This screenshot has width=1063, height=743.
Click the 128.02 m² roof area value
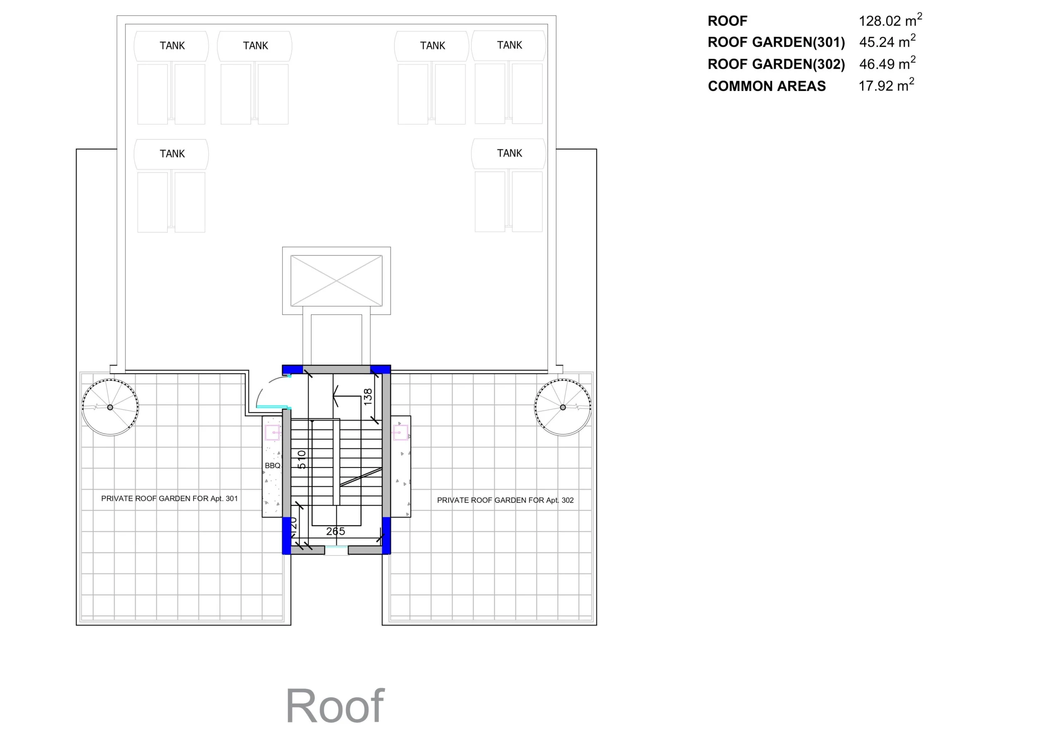coord(890,20)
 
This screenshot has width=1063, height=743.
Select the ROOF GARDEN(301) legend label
coord(776,42)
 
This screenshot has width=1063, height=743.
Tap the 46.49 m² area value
coord(887,63)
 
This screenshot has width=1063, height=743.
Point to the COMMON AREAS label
coord(767,86)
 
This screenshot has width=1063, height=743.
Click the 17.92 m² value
coord(886,85)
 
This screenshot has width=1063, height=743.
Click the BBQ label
coord(273,466)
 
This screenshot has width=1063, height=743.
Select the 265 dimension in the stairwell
coord(336,531)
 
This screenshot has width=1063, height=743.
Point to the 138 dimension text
coord(368,397)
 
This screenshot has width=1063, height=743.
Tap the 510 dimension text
coord(301,459)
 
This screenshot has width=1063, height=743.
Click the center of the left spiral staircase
coord(110,407)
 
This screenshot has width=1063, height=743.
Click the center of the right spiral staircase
coord(563,407)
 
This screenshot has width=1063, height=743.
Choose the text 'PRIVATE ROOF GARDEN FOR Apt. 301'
coord(169,499)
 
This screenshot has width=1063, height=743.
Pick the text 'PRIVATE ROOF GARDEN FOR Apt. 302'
coord(505,500)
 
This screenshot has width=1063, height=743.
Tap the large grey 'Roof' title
coord(335,706)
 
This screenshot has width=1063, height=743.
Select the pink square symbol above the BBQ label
coord(273,433)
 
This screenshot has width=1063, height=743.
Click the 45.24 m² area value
coord(887,42)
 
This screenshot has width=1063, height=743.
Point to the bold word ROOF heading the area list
coord(727,21)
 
